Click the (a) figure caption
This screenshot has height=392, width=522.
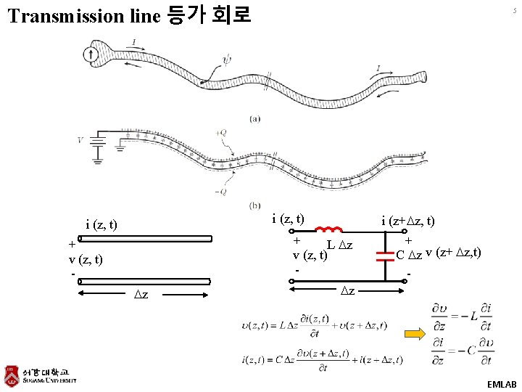click(255, 118)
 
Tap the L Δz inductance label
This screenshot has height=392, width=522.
click(340, 246)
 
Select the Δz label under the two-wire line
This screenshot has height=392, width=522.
click(143, 294)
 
